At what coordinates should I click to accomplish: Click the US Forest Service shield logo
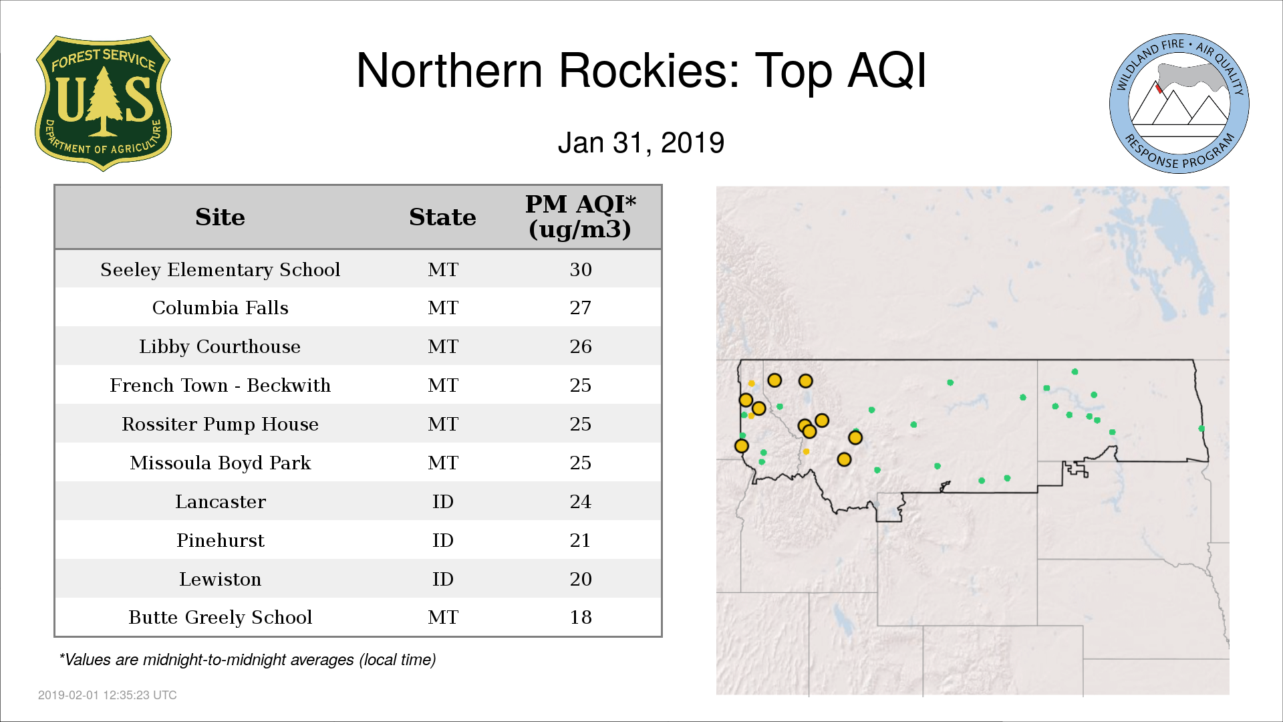pos(103,104)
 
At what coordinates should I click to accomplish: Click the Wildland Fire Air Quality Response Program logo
pos(1179,104)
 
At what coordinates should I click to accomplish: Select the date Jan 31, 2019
pos(641,143)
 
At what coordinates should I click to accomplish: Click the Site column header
pos(220,217)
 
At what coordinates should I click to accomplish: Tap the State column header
pos(442,217)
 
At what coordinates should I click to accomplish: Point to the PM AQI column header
pos(580,217)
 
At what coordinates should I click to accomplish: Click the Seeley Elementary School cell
pos(221,269)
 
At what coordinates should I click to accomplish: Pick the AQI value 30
pos(581,269)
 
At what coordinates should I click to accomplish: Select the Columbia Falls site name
pos(221,308)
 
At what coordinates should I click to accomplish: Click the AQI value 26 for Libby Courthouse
pos(581,346)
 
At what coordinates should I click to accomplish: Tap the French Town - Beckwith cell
pos(221,385)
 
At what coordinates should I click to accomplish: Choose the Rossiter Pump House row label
pos(221,424)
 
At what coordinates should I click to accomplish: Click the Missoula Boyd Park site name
pos(221,463)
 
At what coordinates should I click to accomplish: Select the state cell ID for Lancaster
pos(443,501)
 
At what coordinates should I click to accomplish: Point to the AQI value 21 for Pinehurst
pos(581,540)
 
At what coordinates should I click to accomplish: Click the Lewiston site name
pos(221,579)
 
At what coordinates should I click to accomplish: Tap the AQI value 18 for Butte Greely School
pos(581,617)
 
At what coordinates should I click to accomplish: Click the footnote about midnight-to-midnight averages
pos(247,660)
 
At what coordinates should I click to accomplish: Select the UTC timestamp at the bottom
pos(108,695)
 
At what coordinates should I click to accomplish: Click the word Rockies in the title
pos(650,70)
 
